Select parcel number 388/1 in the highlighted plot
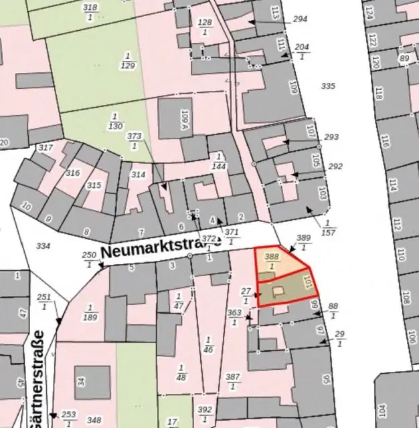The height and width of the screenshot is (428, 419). [x=271, y=261]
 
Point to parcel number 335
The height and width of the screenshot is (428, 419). [x=327, y=86]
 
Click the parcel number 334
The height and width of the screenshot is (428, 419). [x=43, y=246]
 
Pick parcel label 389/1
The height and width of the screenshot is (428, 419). [x=304, y=243]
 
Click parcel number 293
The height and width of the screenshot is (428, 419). [x=331, y=137]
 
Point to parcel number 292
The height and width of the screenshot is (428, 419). [x=335, y=167]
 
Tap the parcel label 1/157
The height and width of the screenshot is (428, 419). [x=329, y=227]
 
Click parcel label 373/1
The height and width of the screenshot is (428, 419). [x=135, y=140]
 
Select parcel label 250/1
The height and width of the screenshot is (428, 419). [x=90, y=259]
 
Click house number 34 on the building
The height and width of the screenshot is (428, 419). [x=82, y=382]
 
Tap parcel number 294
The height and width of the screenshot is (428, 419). [x=301, y=19]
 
